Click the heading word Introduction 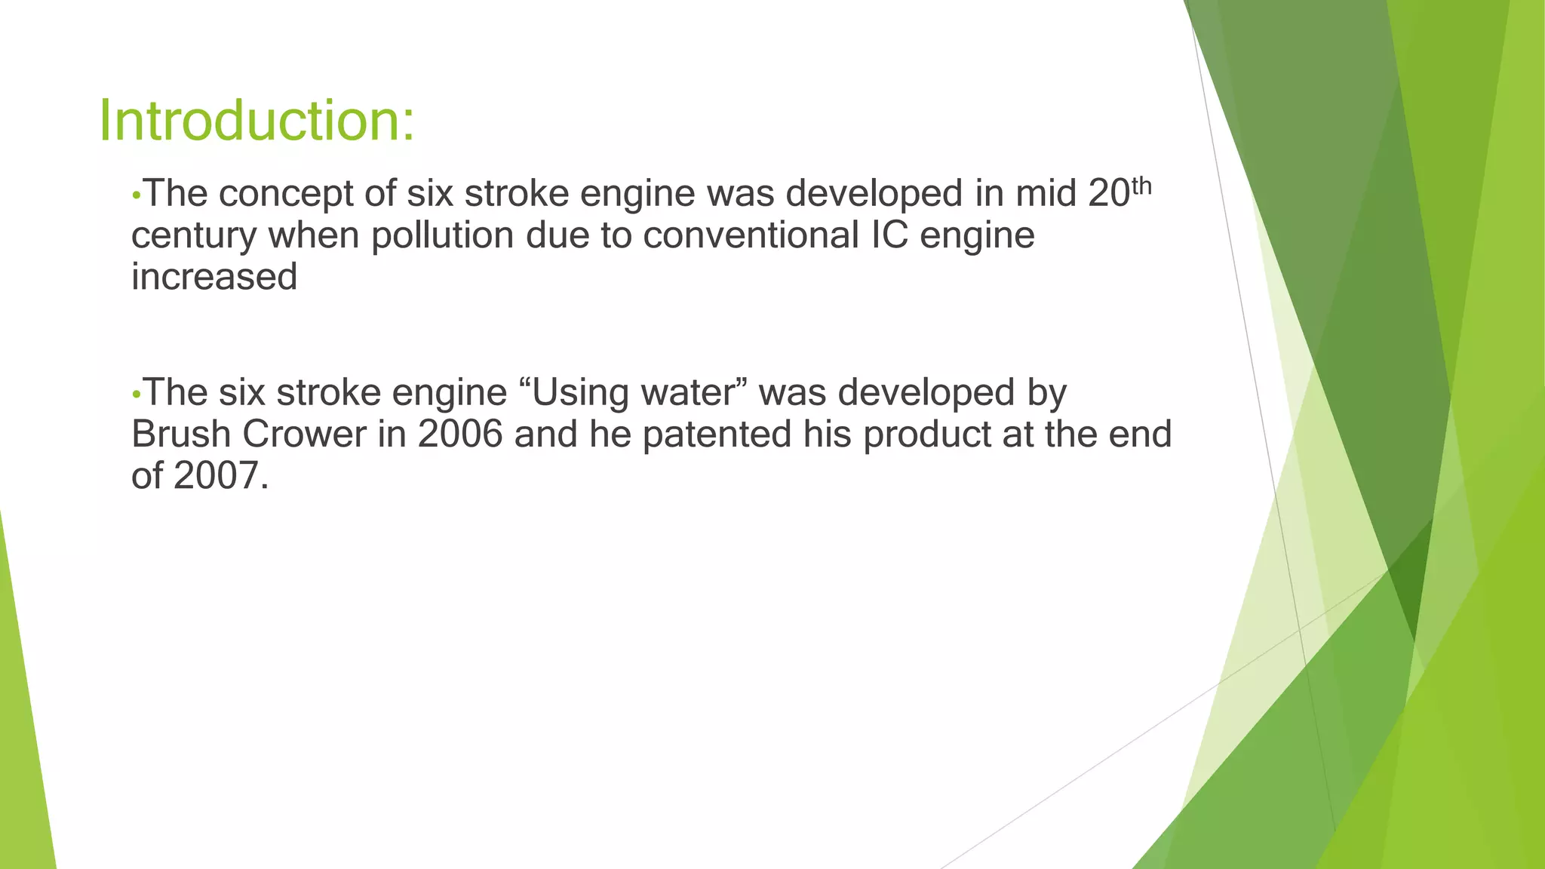point(256,121)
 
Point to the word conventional point(751,235)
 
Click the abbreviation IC point(889,235)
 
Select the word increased point(214,277)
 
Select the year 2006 point(459,434)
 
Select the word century point(194,235)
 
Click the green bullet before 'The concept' point(136,195)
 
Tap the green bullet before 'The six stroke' point(136,395)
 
